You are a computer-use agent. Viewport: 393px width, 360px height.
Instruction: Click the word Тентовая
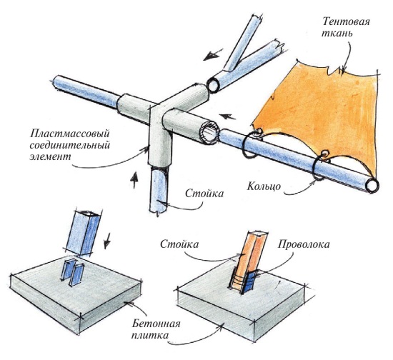[346, 21]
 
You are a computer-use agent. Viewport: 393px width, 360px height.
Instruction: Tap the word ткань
[337, 34]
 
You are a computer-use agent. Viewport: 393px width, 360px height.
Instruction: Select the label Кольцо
[264, 186]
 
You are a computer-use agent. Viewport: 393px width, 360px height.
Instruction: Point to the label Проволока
[303, 244]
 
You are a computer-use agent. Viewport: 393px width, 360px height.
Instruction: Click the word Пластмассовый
[70, 134]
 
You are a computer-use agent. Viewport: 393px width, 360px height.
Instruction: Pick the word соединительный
[70, 146]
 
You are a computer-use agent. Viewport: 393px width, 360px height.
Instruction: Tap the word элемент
[51, 157]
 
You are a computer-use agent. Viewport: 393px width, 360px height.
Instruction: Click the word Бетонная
[156, 324]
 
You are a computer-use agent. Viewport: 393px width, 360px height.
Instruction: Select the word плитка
[150, 335]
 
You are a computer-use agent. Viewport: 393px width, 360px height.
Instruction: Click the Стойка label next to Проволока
[179, 244]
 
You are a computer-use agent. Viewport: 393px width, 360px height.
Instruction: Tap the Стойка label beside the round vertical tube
[204, 194]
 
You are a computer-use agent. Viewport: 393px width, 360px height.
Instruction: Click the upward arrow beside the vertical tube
[134, 179]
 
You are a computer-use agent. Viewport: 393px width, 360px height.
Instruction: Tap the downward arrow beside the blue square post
[107, 241]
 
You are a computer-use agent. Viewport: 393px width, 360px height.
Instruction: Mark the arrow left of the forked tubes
[212, 54]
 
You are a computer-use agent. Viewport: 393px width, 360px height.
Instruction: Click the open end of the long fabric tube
[372, 186]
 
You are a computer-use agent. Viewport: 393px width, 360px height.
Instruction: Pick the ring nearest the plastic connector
[249, 144]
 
